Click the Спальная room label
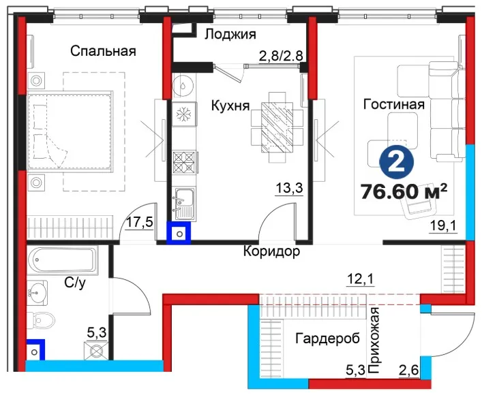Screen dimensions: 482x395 tap(103, 51)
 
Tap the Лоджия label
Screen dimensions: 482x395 tap(230, 35)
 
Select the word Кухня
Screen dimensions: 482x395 tap(230, 106)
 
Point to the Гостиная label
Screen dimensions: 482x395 tap(394, 104)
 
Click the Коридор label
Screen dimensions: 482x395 tap(272, 252)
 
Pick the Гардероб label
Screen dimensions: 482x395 tap(328, 338)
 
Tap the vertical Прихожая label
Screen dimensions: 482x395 tap(374, 341)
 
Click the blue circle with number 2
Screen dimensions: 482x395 tap(397, 162)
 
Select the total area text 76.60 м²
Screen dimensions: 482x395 tap(404, 191)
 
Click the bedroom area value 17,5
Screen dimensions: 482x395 tap(140, 222)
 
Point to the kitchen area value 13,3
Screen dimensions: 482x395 tap(289, 188)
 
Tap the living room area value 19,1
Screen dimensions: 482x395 tap(443, 226)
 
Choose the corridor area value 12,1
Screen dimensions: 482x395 tap(360, 279)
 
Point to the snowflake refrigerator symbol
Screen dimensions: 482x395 tap(184, 114)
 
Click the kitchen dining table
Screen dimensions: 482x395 tap(277, 127)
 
